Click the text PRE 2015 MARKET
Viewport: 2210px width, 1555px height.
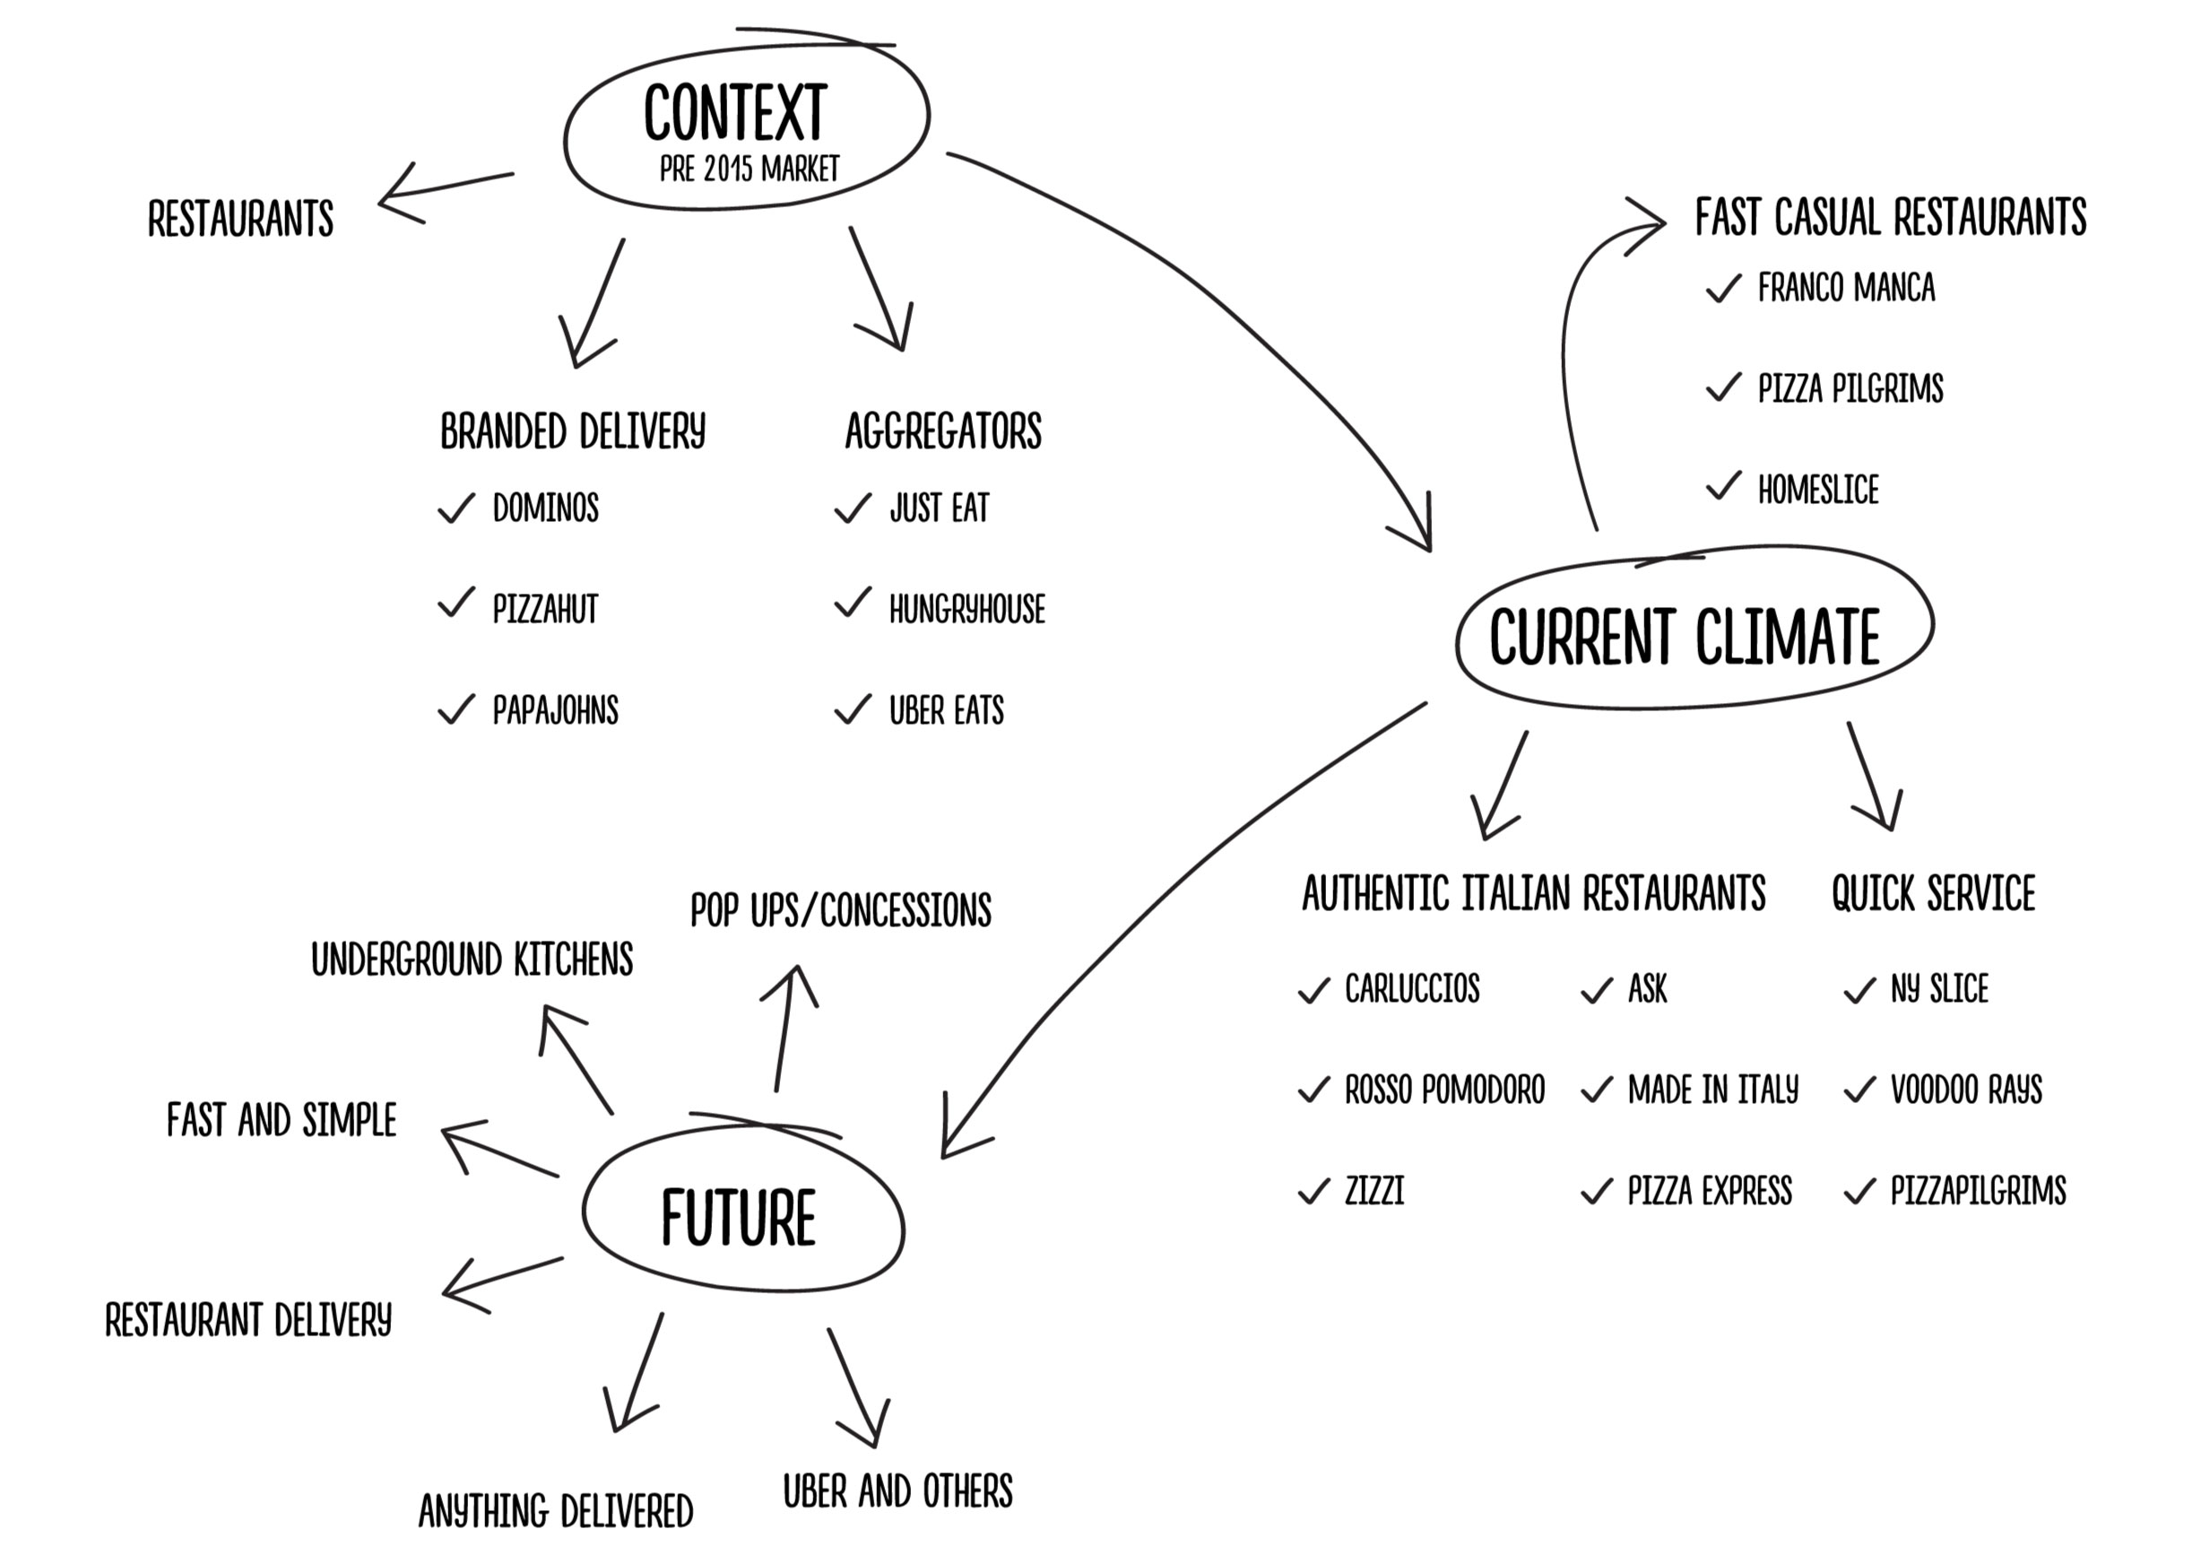[x=749, y=169]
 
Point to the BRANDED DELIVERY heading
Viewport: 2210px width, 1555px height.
[x=573, y=430]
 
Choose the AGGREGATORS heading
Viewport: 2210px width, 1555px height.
[x=943, y=430]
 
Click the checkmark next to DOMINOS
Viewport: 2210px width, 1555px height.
[x=456, y=508]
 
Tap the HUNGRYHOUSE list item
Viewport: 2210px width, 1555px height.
[x=966, y=610]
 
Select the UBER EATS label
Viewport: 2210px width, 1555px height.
[x=946, y=710]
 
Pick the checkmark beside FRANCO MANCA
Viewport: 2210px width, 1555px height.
[x=1723, y=288]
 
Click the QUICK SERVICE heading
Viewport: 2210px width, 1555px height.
[x=1933, y=893]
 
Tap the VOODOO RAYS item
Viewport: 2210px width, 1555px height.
[x=1965, y=1090]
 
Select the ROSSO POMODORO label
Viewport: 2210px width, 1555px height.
[x=1443, y=1090]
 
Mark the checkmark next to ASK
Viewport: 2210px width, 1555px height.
[x=1597, y=990]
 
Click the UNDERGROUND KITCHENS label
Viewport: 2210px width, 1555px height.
[x=472, y=960]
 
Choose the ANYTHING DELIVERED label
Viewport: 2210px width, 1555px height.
[x=555, y=1511]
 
